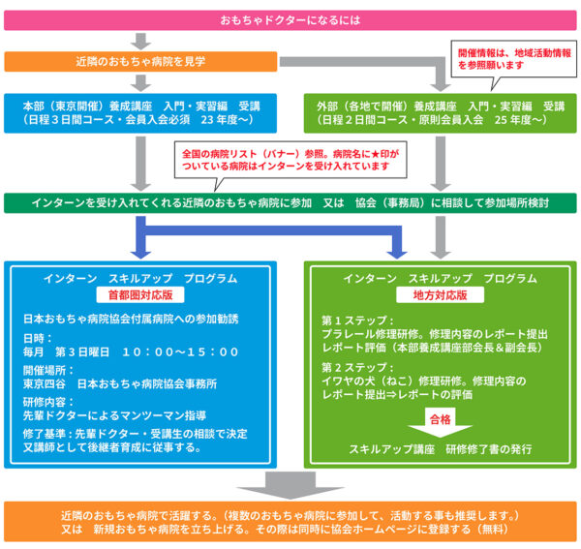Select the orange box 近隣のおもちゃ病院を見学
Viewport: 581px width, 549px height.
[140, 61]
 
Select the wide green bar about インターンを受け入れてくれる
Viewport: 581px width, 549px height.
[290, 203]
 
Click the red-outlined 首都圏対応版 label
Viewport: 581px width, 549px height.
[140, 294]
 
